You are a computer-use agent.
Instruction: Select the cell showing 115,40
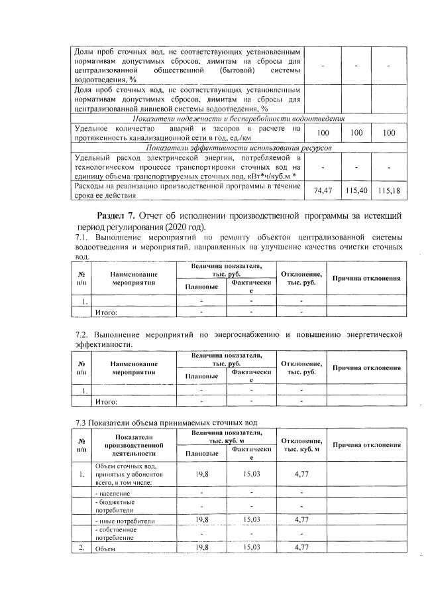[x=356, y=190]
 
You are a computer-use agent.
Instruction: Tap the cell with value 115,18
[x=389, y=190]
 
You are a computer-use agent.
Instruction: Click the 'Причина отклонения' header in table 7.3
[x=366, y=444]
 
